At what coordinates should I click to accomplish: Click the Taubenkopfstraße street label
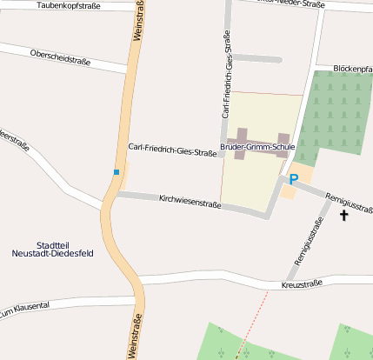(x=69, y=6)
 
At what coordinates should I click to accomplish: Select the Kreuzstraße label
(x=302, y=284)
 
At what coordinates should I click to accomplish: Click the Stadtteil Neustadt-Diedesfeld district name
(x=54, y=250)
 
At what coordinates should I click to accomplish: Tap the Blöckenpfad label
(x=352, y=68)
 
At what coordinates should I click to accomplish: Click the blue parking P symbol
(x=293, y=179)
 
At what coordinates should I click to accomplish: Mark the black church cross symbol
(x=344, y=214)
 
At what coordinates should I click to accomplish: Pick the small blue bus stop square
(x=116, y=172)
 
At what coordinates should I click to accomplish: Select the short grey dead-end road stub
(x=257, y=59)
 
